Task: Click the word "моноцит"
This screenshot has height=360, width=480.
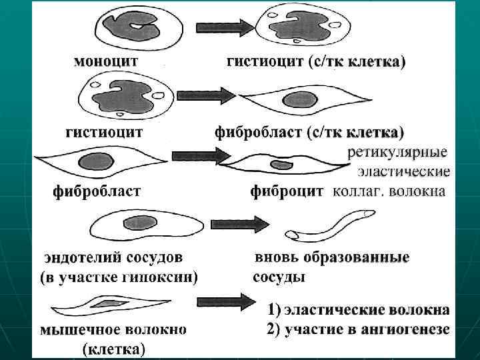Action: coord(106,61)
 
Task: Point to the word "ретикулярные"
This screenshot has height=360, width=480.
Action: coord(398,151)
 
